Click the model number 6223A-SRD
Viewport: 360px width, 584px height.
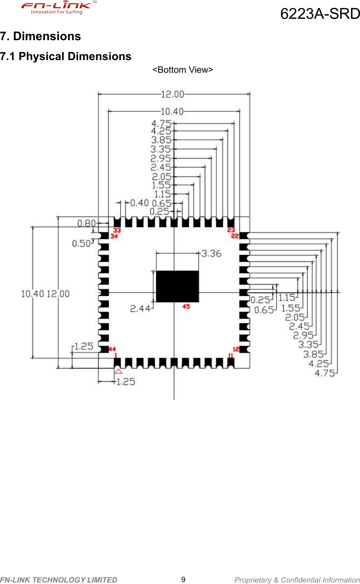point(320,14)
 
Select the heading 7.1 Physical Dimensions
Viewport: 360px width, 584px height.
point(65,56)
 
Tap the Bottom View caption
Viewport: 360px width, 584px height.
point(183,70)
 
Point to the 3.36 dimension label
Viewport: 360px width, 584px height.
point(211,253)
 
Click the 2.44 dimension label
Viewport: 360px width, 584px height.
point(140,308)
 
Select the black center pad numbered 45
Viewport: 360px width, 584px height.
point(177,286)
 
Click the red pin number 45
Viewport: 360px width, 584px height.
point(186,307)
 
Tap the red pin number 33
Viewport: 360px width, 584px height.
point(117,230)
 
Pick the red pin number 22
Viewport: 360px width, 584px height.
point(235,236)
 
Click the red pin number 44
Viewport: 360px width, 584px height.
point(112,349)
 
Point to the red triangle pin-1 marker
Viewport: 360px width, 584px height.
point(118,371)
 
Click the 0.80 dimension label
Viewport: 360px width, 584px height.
point(86,223)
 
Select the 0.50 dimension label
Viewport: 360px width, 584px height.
point(81,244)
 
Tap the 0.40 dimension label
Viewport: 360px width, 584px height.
point(139,203)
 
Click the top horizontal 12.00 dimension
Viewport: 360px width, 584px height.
point(173,94)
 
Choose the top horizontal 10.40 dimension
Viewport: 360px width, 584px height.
point(172,112)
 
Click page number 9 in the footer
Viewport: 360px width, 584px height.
point(183,580)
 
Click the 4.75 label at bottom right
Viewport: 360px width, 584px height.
point(325,373)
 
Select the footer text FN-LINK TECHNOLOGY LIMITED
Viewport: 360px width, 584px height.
point(59,580)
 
